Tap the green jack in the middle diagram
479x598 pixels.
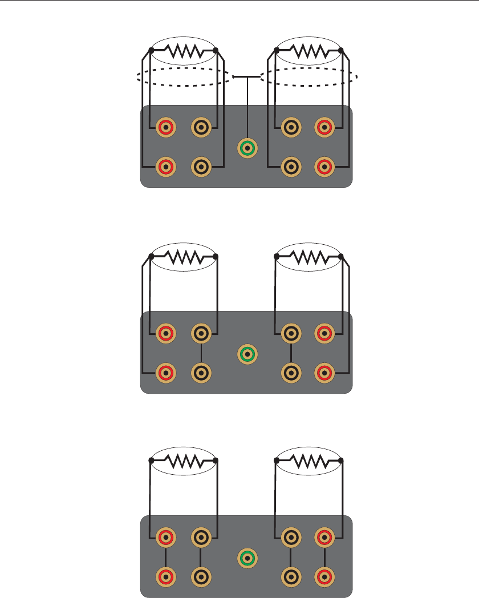247,354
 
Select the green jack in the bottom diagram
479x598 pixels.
247,557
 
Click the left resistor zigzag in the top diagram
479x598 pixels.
183,53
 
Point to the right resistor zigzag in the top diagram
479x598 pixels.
308,53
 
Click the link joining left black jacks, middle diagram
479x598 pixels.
200,353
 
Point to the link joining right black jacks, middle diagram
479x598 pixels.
291,353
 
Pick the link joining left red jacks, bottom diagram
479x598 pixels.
166,556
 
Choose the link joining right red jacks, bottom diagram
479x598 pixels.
324,556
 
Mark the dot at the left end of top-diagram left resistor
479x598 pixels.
151,50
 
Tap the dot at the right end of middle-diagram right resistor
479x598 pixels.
341,256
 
